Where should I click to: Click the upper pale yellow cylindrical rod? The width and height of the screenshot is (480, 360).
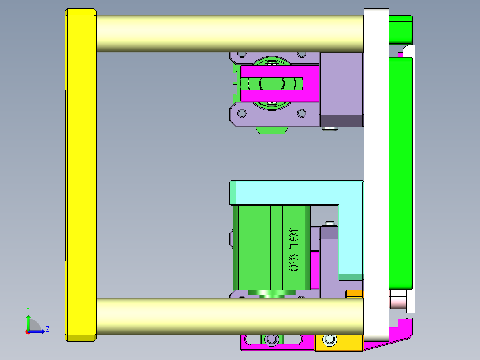229,34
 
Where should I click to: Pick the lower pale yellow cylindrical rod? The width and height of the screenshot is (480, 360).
229,316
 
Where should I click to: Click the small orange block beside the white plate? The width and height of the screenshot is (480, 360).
355,294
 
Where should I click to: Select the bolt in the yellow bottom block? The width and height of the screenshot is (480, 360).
329,340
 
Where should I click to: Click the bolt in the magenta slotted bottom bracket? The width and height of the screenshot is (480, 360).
271,340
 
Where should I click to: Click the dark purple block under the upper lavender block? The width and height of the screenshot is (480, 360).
342,120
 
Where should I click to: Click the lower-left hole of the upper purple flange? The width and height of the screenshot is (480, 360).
242,113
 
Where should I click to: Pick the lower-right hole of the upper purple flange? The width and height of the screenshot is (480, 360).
301,113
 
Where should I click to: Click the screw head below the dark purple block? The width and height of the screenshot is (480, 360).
329,130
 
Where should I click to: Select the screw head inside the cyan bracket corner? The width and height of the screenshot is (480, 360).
329,224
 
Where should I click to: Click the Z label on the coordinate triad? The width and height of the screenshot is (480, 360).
47,329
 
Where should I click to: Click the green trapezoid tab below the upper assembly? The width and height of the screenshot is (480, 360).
271,130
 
